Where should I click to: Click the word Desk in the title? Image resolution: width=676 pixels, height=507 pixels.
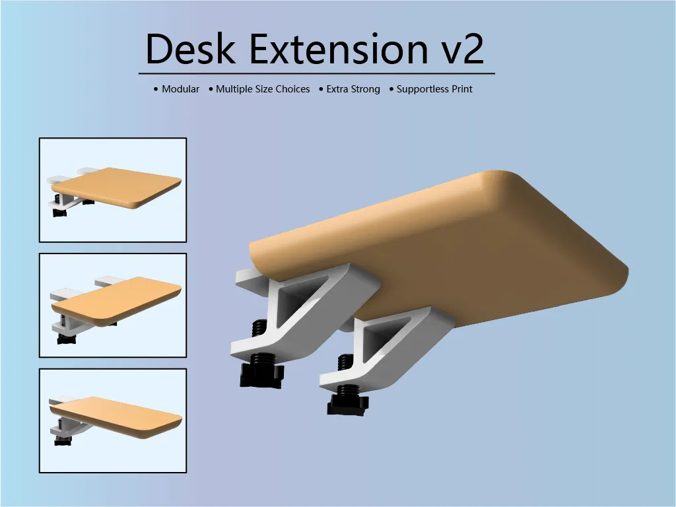189,49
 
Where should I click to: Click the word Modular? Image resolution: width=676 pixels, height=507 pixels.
180,89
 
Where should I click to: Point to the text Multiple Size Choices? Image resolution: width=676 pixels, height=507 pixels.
263,89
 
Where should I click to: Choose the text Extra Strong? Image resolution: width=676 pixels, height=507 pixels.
353,89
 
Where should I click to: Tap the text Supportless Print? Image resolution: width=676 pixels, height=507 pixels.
434,89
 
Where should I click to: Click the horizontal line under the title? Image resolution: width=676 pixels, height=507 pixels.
317,73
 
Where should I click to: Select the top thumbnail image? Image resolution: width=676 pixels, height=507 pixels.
113,190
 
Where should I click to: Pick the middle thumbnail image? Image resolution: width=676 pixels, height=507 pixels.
113,306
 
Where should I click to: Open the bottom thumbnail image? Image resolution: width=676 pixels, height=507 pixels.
113,421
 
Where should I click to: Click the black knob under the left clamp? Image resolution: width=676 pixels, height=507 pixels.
262,376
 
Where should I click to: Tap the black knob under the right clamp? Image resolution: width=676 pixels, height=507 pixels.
347,403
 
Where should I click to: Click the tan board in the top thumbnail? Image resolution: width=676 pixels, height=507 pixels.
119,185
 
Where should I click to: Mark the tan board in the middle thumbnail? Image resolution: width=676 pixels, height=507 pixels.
119,300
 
